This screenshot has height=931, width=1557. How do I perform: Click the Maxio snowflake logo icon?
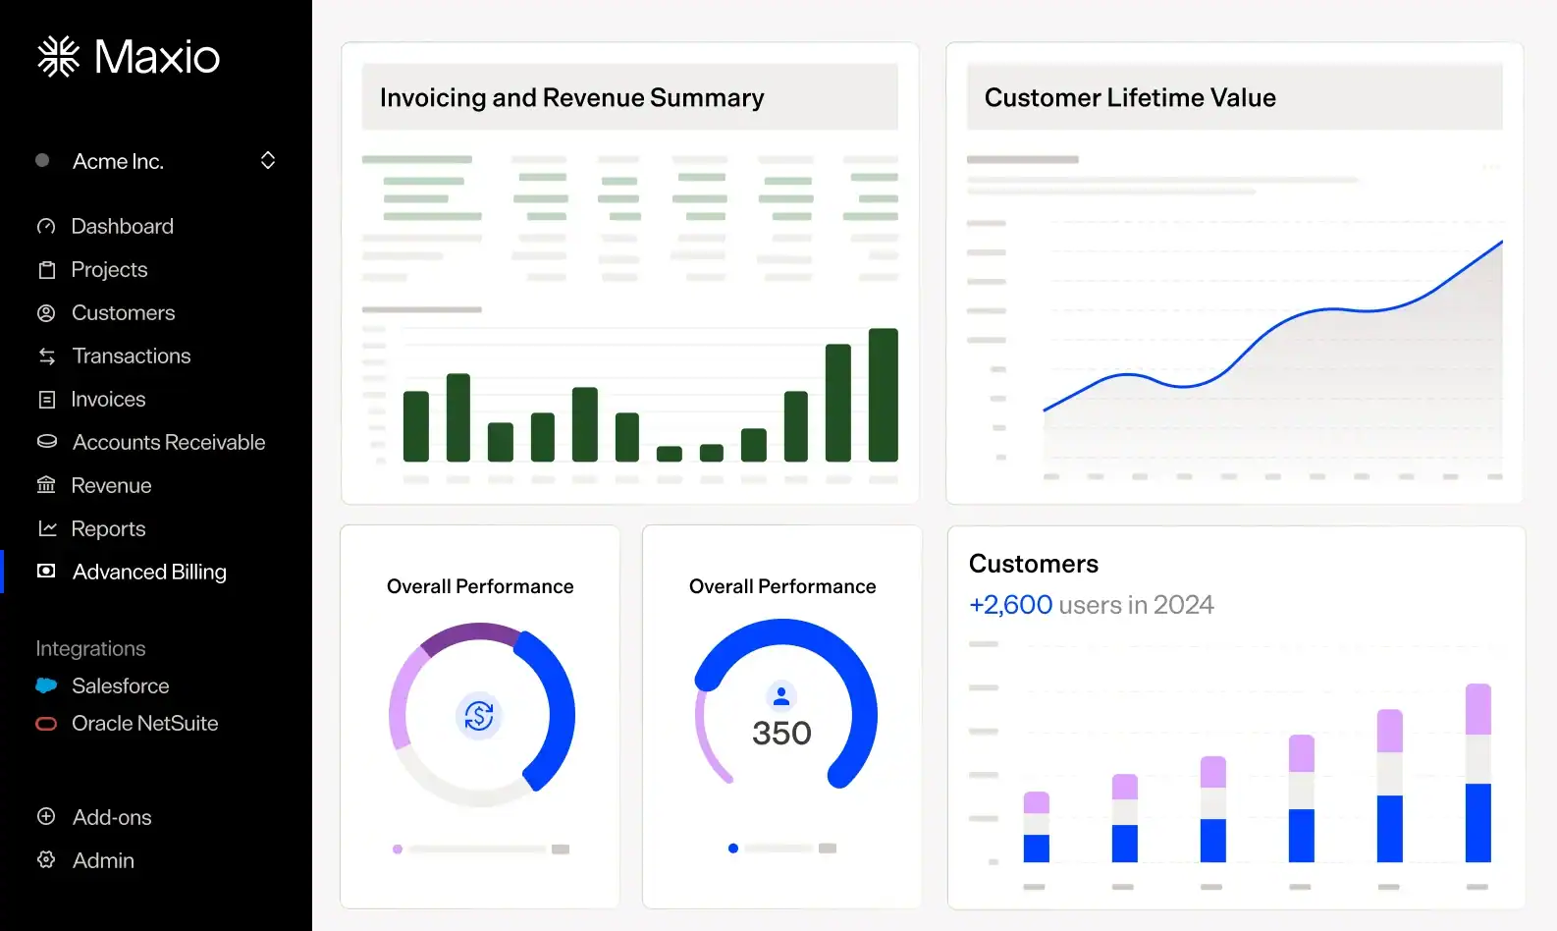pyautogui.click(x=58, y=56)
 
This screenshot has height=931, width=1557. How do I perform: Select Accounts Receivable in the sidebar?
pyautogui.click(x=151, y=442)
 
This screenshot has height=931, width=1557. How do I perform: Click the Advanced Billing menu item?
pyautogui.click(x=132, y=572)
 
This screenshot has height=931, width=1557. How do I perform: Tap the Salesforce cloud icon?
pyautogui.click(x=46, y=685)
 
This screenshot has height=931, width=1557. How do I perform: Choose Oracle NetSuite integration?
pyautogui.click(x=128, y=723)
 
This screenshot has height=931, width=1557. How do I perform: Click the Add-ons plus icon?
pyautogui.click(x=46, y=816)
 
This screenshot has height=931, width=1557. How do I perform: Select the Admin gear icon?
pyautogui.click(x=46, y=859)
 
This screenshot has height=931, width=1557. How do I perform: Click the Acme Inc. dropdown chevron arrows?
pyautogui.click(x=268, y=161)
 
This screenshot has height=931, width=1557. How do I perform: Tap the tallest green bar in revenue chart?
pyautogui.click(x=884, y=394)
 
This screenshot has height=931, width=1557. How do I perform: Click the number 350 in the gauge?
pyautogui.click(x=782, y=733)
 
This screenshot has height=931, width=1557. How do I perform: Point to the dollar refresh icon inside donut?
pyautogui.click(x=479, y=715)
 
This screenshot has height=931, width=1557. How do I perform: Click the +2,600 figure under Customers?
pyautogui.click(x=1010, y=604)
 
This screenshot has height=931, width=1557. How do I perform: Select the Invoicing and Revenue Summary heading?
pyautogui.click(x=572, y=97)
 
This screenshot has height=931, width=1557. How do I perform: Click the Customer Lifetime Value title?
pyautogui.click(x=1130, y=97)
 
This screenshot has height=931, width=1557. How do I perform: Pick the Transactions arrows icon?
pyautogui.click(x=46, y=356)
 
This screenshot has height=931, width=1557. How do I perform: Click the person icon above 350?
pyautogui.click(x=781, y=696)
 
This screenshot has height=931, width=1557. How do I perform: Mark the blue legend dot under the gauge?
pyautogui.click(x=733, y=849)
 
